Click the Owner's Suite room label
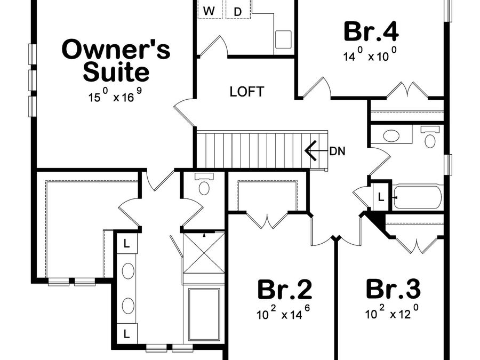116,60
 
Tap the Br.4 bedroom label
371,31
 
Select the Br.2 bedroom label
284,290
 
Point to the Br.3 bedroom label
393,290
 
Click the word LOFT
246,92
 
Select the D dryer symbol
238,11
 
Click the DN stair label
337,151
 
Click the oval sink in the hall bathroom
391,135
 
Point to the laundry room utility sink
283,39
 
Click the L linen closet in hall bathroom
381,196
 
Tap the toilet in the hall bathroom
430,139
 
